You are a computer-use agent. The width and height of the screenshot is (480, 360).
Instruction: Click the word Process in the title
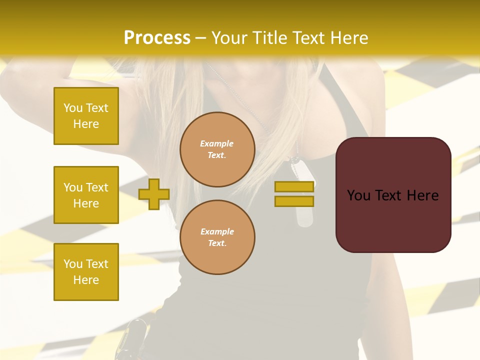pyautogui.click(x=157, y=38)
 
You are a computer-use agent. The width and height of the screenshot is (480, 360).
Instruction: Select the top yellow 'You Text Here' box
pyautogui.click(x=86, y=116)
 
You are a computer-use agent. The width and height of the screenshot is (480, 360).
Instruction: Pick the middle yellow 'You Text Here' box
pyautogui.click(x=86, y=195)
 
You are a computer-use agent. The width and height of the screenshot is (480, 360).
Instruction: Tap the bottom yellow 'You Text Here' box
pyautogui.click(x=86, y=272)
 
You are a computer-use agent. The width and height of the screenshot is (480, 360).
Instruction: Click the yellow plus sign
pyautogui.click(x=154, y=194)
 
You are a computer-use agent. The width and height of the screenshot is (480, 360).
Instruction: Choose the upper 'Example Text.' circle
pyautogui.click(x=217, y=149)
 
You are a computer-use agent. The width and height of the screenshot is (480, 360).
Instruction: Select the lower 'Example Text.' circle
pyautogui.click(x=217, y=237)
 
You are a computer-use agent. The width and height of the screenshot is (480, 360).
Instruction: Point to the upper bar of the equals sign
pyautogui.click(x=294, y=186)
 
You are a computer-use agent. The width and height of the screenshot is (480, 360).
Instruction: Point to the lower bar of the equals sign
pyautogui.click(x=294, y=201)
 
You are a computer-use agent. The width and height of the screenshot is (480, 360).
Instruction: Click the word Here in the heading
pyautogui.click(x=348, y=38)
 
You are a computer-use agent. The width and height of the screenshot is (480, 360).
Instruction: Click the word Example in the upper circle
pyautogui.click(x=217, y=143)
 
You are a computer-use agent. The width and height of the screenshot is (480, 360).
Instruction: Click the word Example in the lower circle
pyautogui.click(x=217, y=231)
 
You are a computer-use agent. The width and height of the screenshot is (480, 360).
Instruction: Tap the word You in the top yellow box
pyautogui.click(x=73, y=108)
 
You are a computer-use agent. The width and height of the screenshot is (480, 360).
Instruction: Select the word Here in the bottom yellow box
pyautogui.click(x=86, y=280)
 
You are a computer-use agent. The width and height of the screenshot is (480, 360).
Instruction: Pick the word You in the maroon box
pyautogui.click(x=358, y=195)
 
